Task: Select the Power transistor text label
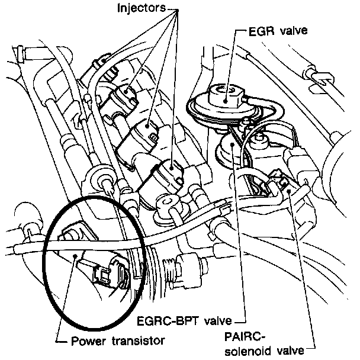[x=117, y=340]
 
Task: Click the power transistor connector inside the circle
[x=112, y=276]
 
